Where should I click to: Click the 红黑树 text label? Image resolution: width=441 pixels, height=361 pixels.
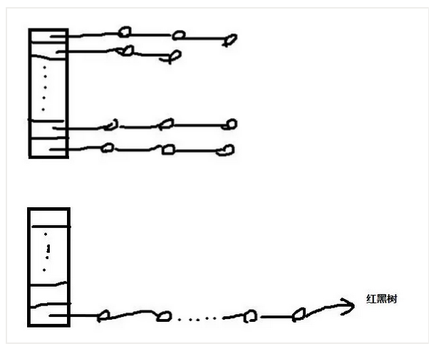pos(381,300)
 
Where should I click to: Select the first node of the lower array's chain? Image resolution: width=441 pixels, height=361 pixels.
pos(103,315)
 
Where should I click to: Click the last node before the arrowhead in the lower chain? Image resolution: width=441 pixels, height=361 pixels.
pos(300,313)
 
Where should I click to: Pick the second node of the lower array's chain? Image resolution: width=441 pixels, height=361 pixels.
pos(165,315)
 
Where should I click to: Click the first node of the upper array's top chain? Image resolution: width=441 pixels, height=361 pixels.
pos(125,32)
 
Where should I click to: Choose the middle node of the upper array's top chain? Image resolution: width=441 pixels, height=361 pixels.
pos(179,34)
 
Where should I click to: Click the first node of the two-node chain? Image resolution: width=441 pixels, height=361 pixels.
pos(127,51)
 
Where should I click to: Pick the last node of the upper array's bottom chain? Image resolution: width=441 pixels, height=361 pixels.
pos(227,150)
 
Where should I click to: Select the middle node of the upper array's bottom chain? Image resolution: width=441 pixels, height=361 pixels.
pos(168,150)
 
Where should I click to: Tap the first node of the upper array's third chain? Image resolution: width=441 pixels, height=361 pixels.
pos(110,126)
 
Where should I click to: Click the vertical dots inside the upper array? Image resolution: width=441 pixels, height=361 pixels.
pos(44,89)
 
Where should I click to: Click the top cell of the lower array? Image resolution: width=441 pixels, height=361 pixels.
pos(48,217)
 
